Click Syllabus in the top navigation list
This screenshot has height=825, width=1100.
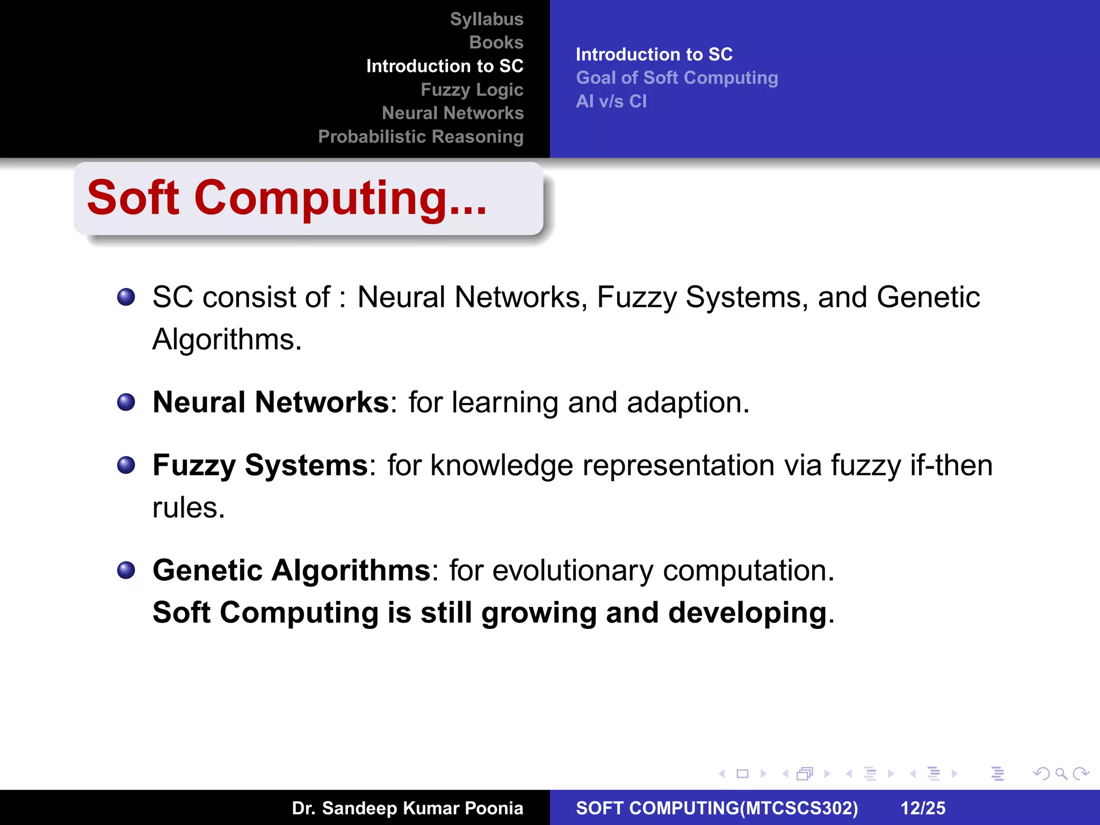[x=486, y=19]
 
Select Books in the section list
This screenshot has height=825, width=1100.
[x=496, y=42]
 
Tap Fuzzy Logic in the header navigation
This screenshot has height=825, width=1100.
[x=472, y=90]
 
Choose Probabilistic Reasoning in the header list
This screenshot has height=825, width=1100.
[x=421, y=136]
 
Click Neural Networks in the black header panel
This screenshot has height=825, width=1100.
[x=452, y=113]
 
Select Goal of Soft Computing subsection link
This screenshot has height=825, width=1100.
[x=677, y=78]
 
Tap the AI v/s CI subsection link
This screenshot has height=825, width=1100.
[x=611, y=102]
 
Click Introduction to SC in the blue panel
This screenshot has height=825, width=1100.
[x=654, y=54]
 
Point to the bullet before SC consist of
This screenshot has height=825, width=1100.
[x=126, y=297]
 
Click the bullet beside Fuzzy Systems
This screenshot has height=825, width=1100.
[x=126, y=465]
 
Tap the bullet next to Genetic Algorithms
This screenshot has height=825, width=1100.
[x=126, y=570]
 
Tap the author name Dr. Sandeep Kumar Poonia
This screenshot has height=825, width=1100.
[x=407, y=808]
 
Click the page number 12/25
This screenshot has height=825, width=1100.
[x=923, y=808]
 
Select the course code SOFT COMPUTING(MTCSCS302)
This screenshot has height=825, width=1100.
[x=717, y=808]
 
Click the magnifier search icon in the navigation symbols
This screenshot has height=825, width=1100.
[x=1061, y=774]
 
